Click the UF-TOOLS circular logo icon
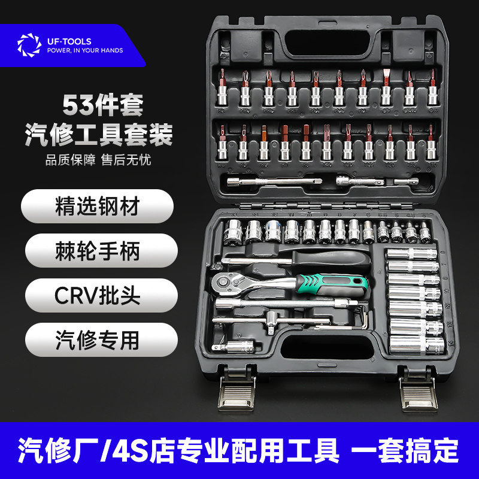click(x=29, y=46)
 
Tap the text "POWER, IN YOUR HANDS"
click(x=85, y=51)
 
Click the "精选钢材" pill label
click(x=98, y=207)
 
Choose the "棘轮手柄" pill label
click(x=98, y=251)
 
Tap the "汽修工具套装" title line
click(x=98, y=134)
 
